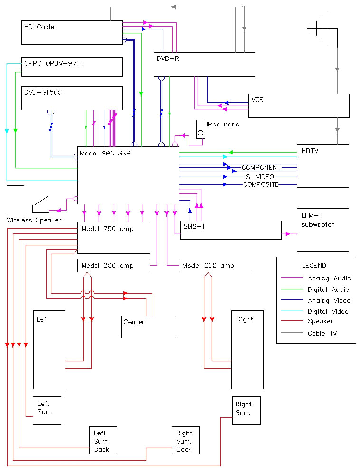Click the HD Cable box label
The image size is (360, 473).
pos(39,27)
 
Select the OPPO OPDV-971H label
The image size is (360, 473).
pos(54,63)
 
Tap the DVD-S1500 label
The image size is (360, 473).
pos(43,92)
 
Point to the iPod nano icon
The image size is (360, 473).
pos(200,129)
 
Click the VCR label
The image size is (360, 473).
pos(257,100)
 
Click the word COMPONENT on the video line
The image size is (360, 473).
pos(261,168)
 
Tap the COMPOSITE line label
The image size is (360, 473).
pos(261,184)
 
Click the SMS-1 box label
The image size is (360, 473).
pos(194,227)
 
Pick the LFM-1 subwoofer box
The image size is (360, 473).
pos(322,230)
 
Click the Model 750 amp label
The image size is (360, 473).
pos(107,229)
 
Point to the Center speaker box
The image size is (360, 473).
pos(148,327)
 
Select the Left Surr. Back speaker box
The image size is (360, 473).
pos(103,440)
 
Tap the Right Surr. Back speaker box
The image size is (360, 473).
pos(186,440)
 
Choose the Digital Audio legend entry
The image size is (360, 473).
pos(328,290)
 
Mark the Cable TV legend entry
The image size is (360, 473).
pos(322,333)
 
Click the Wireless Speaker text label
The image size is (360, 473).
pos(34,220)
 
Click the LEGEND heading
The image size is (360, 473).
pos(314,266)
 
